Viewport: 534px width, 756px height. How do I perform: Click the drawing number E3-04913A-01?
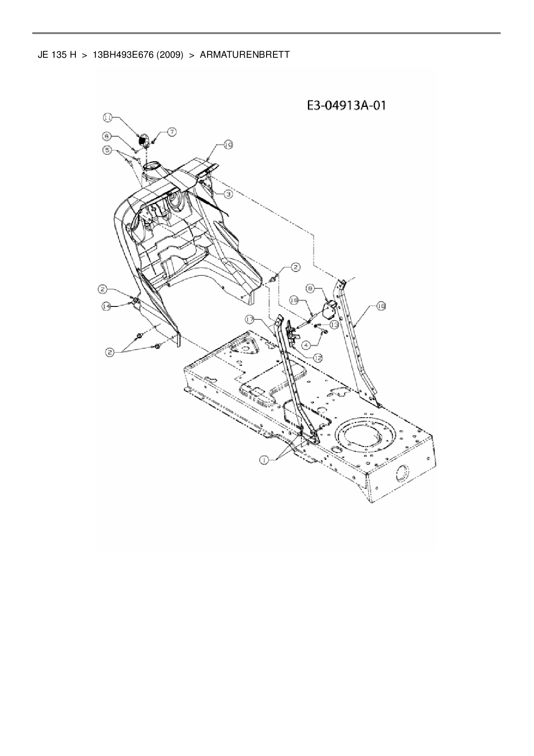point(346,106)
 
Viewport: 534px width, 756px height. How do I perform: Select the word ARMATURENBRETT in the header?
point(245,55)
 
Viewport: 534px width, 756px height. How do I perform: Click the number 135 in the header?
point(62,55)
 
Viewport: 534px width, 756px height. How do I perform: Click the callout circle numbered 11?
point(108,117)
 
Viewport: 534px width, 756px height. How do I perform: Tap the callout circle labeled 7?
point(171,132)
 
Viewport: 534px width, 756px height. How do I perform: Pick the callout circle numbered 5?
point(107,150)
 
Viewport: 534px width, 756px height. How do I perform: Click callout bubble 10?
point(228,145)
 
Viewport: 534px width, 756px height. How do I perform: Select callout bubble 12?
point(318,357)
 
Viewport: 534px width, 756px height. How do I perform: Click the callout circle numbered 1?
point(264,460)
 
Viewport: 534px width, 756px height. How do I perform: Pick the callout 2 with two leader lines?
point(110,352)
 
